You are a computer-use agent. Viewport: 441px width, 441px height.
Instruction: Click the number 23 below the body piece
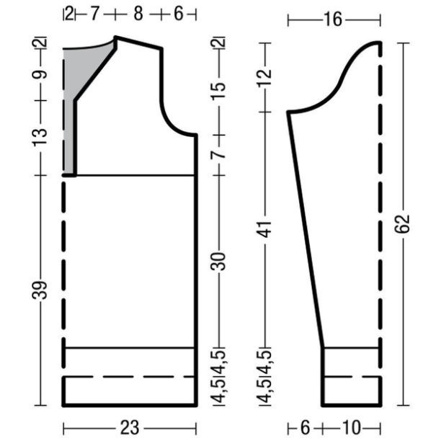(130, 428)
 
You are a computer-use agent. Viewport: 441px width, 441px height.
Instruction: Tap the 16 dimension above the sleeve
(334, 19)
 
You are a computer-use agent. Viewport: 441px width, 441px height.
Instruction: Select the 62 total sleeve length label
(402, 224)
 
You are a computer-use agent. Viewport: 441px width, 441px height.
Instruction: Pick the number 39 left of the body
(40, 290)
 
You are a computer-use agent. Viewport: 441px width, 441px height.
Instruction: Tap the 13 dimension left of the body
(40, 137)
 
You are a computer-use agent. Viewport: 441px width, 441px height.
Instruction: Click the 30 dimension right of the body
(218, 262)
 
